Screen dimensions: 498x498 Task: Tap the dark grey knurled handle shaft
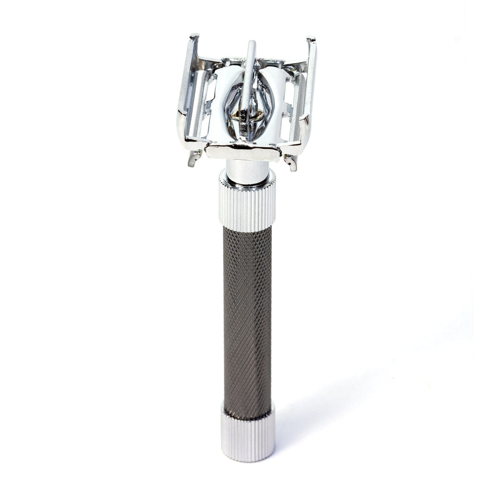coord(247,316)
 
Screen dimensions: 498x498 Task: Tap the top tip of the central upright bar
coord(251,44)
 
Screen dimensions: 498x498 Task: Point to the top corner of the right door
coord(312,40)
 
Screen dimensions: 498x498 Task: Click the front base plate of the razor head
coord(243,151)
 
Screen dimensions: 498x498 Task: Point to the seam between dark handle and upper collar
coord(247,228)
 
